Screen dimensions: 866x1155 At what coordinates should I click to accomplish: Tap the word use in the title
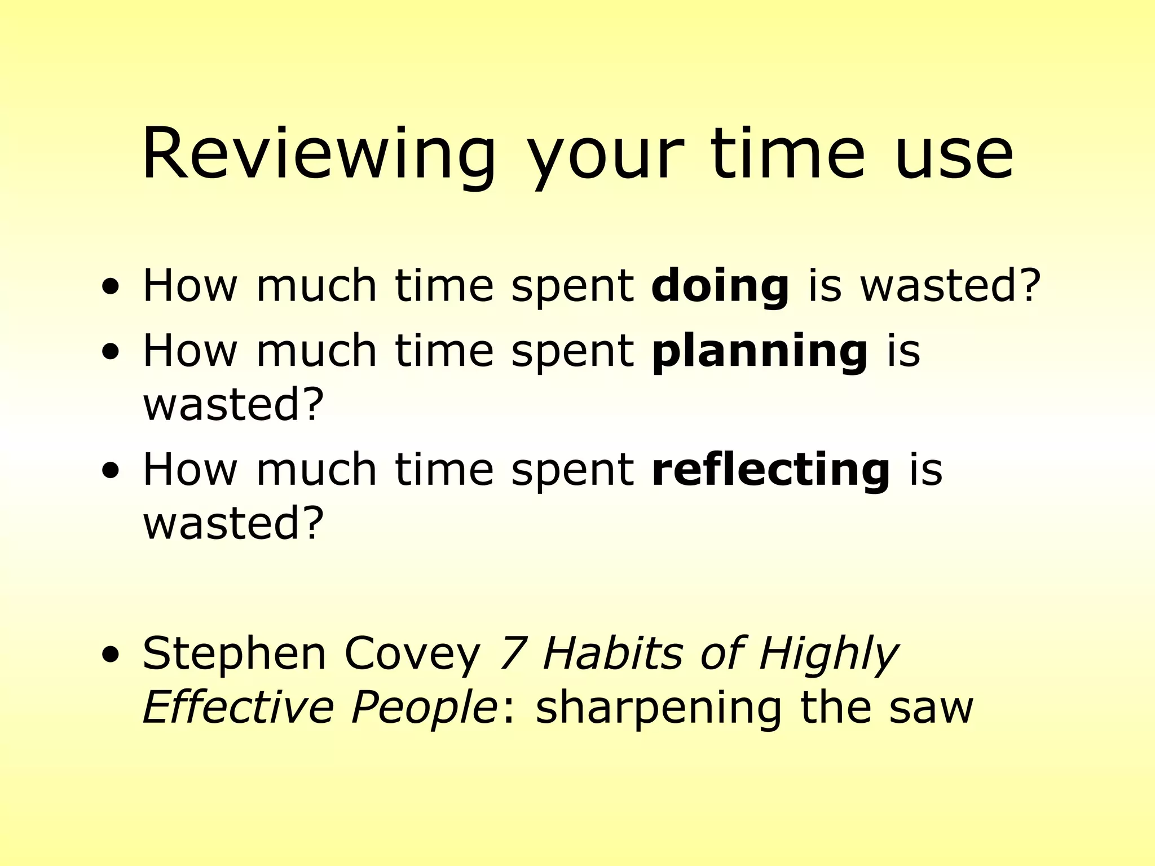click(953, 155)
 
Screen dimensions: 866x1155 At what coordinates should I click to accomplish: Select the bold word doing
click(720, 286)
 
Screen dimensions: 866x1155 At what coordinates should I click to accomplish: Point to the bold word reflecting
click(770, 470)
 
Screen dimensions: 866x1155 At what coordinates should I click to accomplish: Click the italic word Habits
click(612, 654)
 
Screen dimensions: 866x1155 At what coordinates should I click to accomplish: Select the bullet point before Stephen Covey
click(111, 656)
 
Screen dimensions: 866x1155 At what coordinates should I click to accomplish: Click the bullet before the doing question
click(111, 287)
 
